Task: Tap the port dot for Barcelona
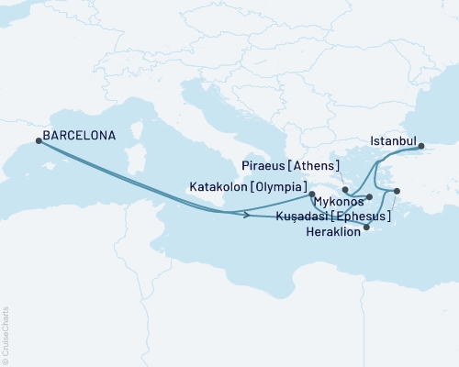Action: [38, 140]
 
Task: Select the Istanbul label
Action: [392, 141]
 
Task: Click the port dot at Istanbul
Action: [421, 146]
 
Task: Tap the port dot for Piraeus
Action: [345, 190]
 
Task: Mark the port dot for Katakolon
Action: [312, 194]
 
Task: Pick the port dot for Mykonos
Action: [369, 196]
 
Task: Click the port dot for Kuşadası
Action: [397, 191]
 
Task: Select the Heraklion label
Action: [333, 232]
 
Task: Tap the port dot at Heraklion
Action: [366, 228]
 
